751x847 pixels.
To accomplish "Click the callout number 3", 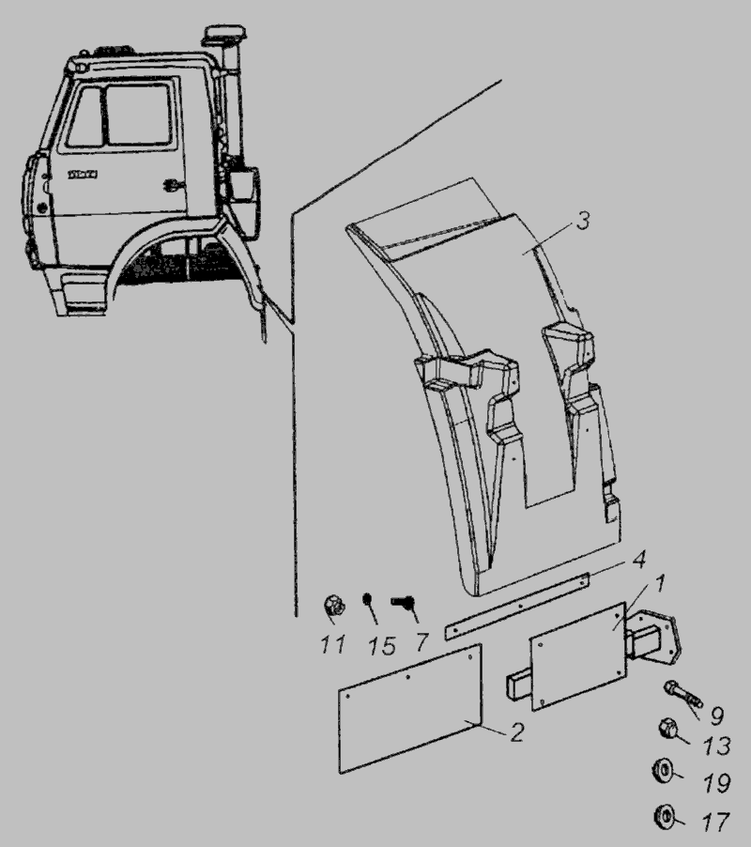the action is (x=583, y=221).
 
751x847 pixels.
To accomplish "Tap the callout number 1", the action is (x=659, y=583).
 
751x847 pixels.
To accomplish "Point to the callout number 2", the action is (x=516, y=732).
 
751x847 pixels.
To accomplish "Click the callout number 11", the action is (x=332, y=644).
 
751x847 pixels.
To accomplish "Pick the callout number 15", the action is (x=382, y=646).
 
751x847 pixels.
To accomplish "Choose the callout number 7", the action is (x=421, y=642).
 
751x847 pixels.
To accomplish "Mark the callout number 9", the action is (x=716, y=716).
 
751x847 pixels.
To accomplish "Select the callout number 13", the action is (x=716, y=747).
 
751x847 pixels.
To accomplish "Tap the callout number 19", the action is (x=716, y=783).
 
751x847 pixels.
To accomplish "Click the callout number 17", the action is (x=716, y=823).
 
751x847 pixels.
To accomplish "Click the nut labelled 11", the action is (x=332, y=605).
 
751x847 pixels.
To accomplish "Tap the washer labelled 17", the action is (x=663, y=815).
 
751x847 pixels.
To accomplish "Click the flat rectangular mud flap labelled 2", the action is (x=410, y=708).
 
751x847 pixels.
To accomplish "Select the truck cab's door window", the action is (x=139, y=115).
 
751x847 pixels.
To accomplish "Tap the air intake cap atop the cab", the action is (x=224, y=34).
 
